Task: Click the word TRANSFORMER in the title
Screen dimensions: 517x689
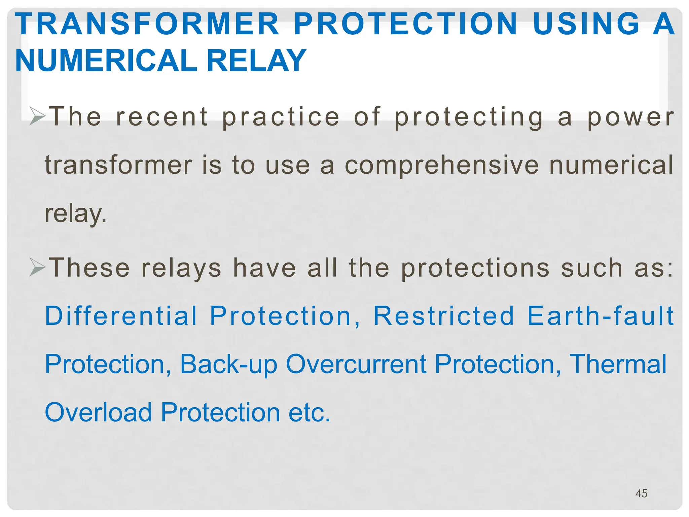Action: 147,24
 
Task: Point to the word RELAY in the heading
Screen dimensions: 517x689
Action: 256,61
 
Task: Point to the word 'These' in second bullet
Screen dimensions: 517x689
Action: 89,268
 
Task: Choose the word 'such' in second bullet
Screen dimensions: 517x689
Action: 592,268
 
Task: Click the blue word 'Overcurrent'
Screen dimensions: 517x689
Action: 356,364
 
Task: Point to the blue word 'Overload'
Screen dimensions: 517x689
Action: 99,412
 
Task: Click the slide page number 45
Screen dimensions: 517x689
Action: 641,493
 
